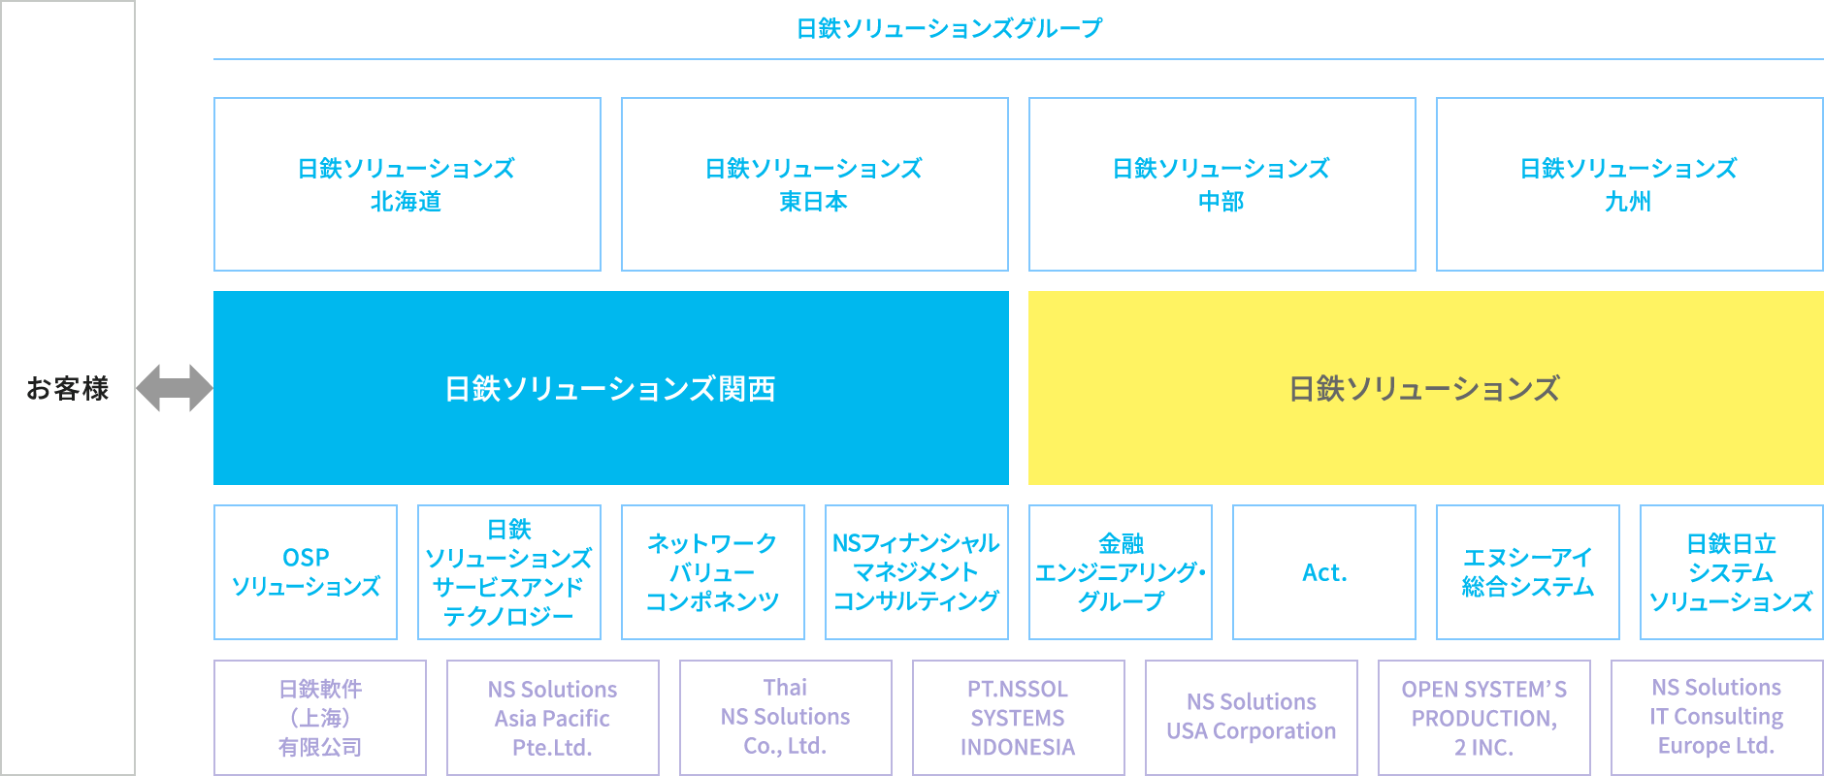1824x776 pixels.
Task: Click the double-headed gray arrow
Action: point(175,388)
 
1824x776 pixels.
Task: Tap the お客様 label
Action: point(68,388)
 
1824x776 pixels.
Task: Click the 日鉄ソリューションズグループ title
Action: point(949,28)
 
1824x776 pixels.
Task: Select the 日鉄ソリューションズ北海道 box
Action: point(407,184)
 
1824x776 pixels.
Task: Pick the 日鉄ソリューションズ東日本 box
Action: point(815,184)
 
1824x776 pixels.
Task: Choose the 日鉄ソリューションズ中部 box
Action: point(1222,184)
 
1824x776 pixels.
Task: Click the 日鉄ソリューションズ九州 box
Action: point(1630,184)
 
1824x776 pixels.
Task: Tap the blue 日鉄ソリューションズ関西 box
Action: point(611,388)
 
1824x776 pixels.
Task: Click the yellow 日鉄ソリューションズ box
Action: point(1426,388)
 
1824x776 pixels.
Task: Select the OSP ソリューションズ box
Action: point(306,572)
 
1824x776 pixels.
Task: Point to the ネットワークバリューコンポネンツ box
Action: point(713,572)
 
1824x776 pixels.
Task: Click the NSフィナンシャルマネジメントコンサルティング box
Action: point(917,572)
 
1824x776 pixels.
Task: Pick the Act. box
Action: point(1324,572)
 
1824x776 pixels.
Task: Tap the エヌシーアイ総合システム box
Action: point(1528,572)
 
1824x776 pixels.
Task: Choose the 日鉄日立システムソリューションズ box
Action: point(1732,572)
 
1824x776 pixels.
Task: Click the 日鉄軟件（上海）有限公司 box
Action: point(320,718)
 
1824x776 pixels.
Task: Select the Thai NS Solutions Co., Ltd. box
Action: point(786,718)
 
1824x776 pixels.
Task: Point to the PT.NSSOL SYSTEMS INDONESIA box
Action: point(1019,718)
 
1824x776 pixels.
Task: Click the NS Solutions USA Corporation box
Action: point(1252,718)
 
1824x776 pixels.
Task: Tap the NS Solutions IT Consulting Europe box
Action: point(1717,718)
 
